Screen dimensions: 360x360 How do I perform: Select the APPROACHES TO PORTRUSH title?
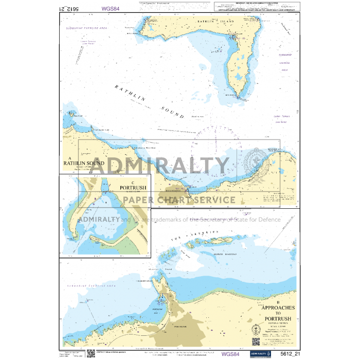tap(279, 311)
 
